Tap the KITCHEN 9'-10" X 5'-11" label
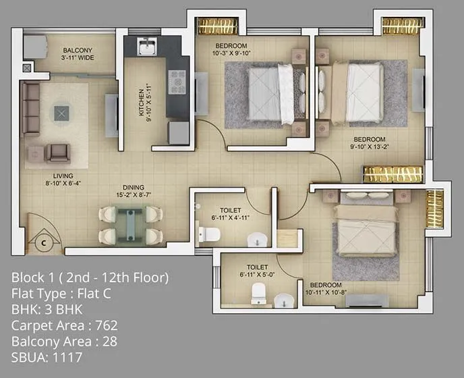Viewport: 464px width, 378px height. tap(146, 103)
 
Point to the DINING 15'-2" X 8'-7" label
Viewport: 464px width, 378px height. tap(133, 191)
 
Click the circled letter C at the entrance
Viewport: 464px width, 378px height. tap(43, 240)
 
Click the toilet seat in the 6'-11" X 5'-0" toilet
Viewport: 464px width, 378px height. tap(258, 292)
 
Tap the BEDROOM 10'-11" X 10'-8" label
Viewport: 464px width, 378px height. tap(326, 288)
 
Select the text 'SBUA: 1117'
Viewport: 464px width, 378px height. tap(47, 357)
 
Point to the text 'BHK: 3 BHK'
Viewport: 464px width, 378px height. tap(52, 310)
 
